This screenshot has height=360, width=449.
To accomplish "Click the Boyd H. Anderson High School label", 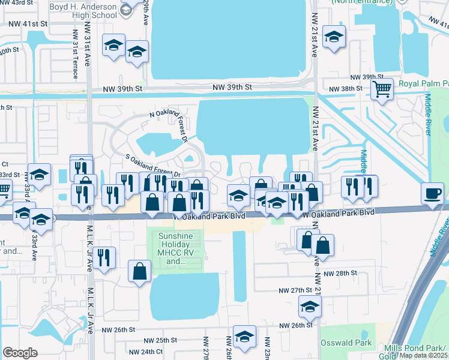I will (83, 6).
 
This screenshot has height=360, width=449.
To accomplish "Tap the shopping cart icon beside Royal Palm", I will (381, 90).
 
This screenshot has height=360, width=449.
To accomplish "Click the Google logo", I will (20, 353).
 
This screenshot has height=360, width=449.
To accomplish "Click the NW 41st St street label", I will (28, 25).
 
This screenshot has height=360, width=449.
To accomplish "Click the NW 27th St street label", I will (296, 290).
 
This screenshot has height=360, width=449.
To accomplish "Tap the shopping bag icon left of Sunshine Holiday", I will (139, 271).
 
